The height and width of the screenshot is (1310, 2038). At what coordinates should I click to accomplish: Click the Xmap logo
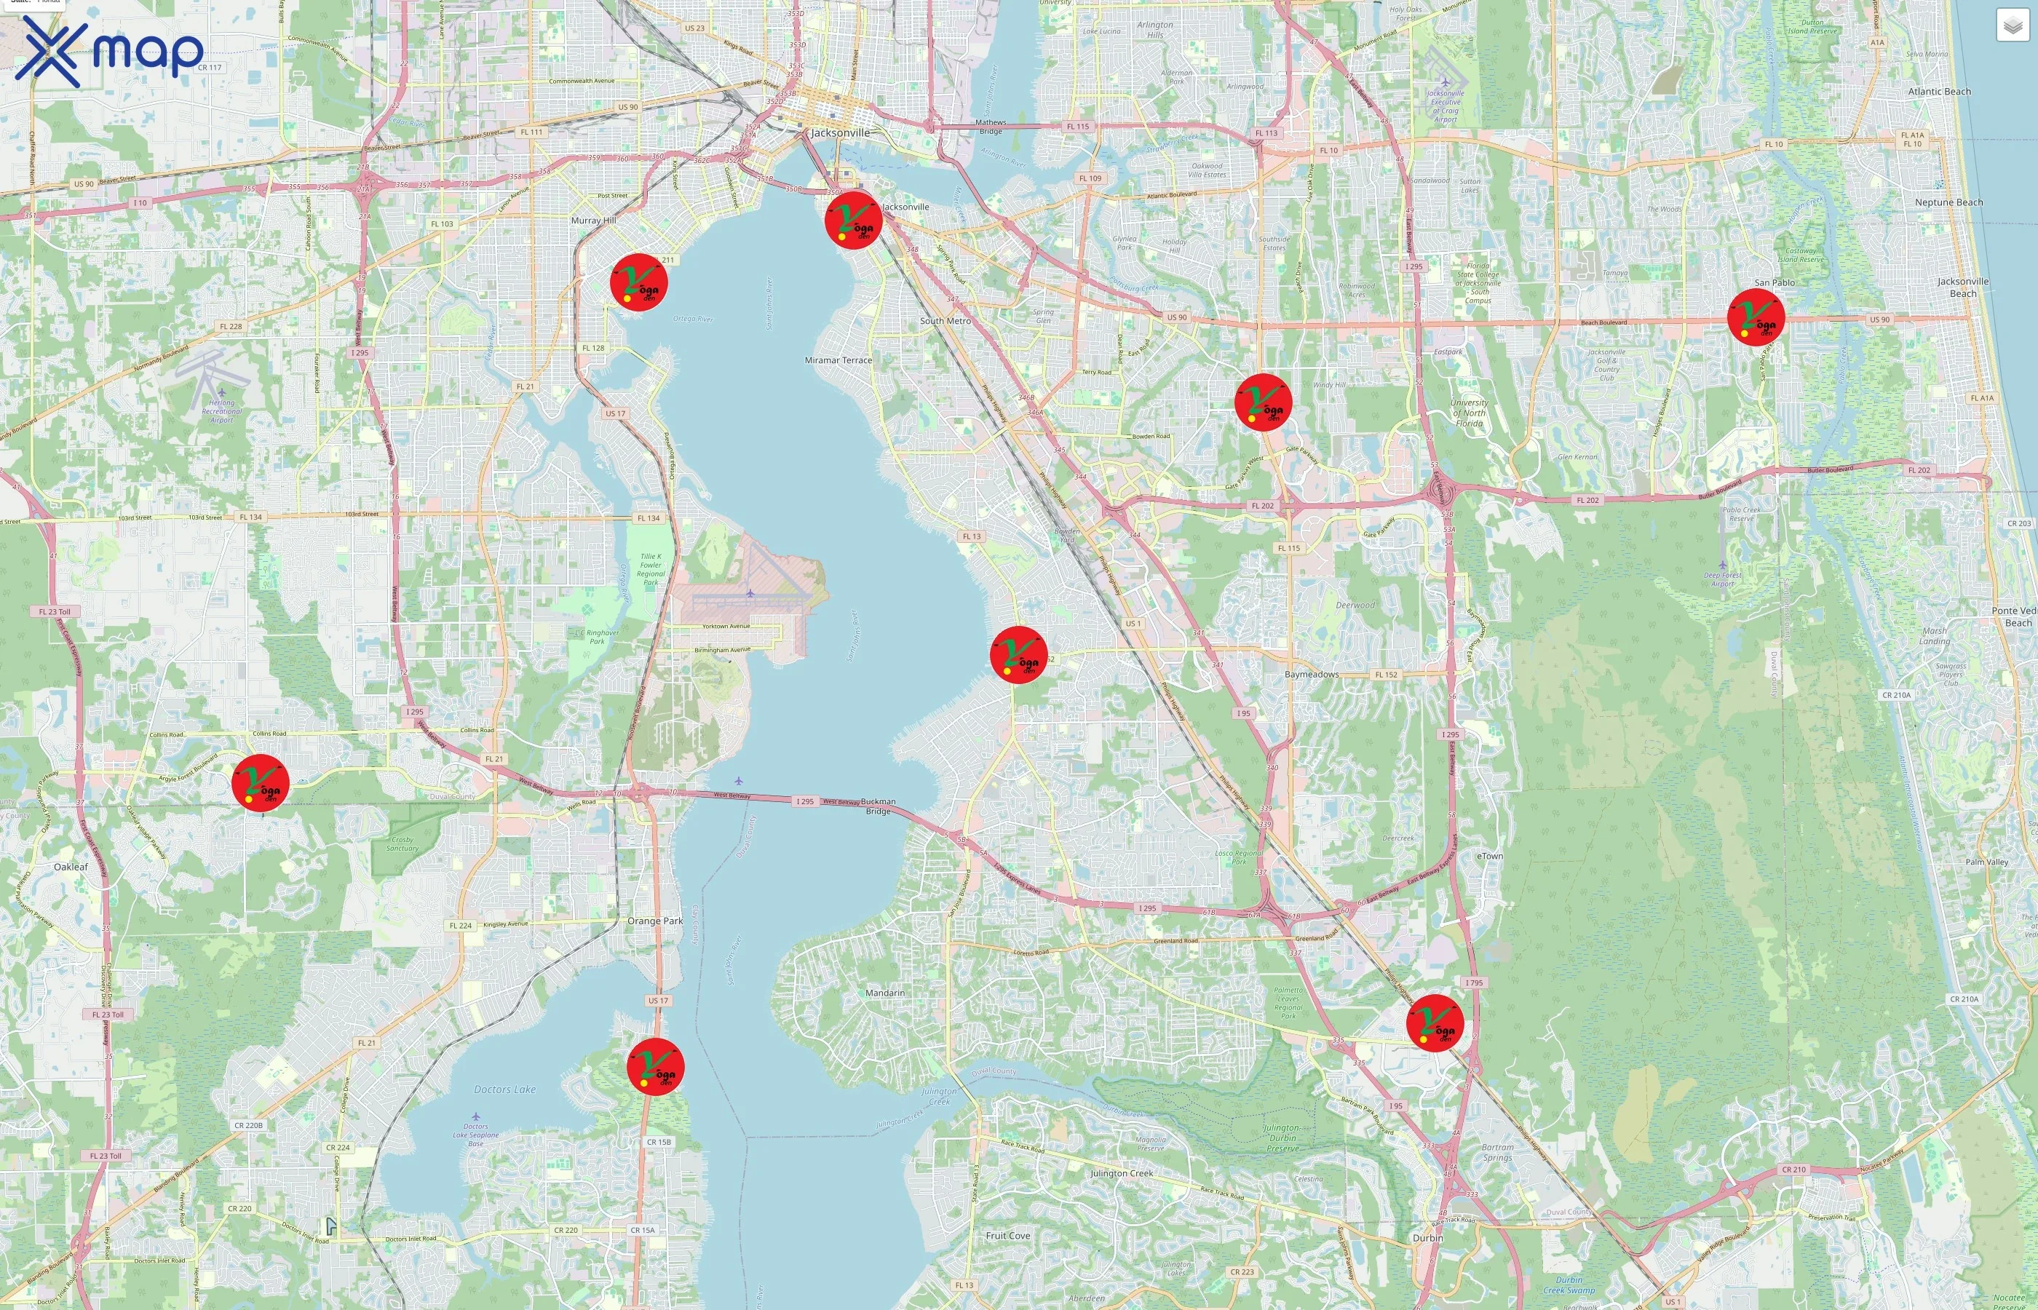coord(109,51)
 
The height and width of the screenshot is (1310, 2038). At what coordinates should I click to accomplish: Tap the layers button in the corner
coord(2013,25)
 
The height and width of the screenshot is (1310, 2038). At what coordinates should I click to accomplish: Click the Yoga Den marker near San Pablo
coord(1756,317)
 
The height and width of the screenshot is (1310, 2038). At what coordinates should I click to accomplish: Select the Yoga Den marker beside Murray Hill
coord(639,282)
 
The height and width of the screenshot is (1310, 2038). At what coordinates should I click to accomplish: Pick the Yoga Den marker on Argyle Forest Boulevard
coord(261,782)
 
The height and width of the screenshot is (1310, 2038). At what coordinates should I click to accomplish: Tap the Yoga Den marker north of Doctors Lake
coord(655,1067)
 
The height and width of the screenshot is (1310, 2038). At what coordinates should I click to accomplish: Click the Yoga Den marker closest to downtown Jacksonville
coord(853,221)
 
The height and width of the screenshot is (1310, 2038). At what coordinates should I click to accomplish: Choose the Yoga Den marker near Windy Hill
coord(1263,402)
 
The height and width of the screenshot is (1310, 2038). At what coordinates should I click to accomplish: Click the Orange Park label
coord(655,921)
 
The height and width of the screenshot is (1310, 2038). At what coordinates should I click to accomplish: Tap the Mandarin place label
coord(884,993)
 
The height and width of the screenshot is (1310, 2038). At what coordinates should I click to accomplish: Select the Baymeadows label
coord(1311,675)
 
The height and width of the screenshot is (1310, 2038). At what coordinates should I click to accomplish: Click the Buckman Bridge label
coord(878,806)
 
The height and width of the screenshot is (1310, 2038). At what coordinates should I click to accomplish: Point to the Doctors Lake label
coord(504,1089)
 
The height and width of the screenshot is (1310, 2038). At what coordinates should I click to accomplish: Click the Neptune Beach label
coord(1948,202)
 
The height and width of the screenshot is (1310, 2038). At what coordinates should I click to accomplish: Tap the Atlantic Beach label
coord(1938,92)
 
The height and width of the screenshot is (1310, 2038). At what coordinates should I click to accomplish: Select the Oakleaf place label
coord(71,867)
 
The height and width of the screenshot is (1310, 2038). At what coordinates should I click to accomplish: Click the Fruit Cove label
coord(1007,1236)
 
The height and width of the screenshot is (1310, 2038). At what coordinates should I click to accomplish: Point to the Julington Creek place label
coord(1121,1173)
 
